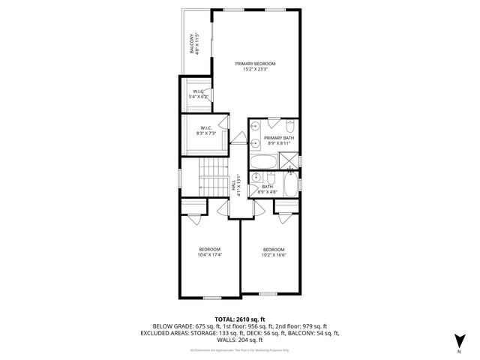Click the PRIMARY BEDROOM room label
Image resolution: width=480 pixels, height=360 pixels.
click(x=255, y=66)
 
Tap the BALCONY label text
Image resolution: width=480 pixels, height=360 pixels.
click(x=193, y=43)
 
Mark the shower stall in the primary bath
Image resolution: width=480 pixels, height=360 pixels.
click(x=289, y=160)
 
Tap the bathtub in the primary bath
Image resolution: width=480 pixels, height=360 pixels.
click(x=264, y=160)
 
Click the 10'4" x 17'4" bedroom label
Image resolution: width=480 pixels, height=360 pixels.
click(x=210, y=251)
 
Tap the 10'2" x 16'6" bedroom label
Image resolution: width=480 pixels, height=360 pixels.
click(x=274, y=251)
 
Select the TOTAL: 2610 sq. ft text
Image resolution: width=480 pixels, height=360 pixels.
click(x=240, y=319)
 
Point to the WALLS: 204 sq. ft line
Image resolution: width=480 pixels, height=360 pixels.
click(x=240, y=340)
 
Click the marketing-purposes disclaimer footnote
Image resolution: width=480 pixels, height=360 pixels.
click(x=240, y=349)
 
